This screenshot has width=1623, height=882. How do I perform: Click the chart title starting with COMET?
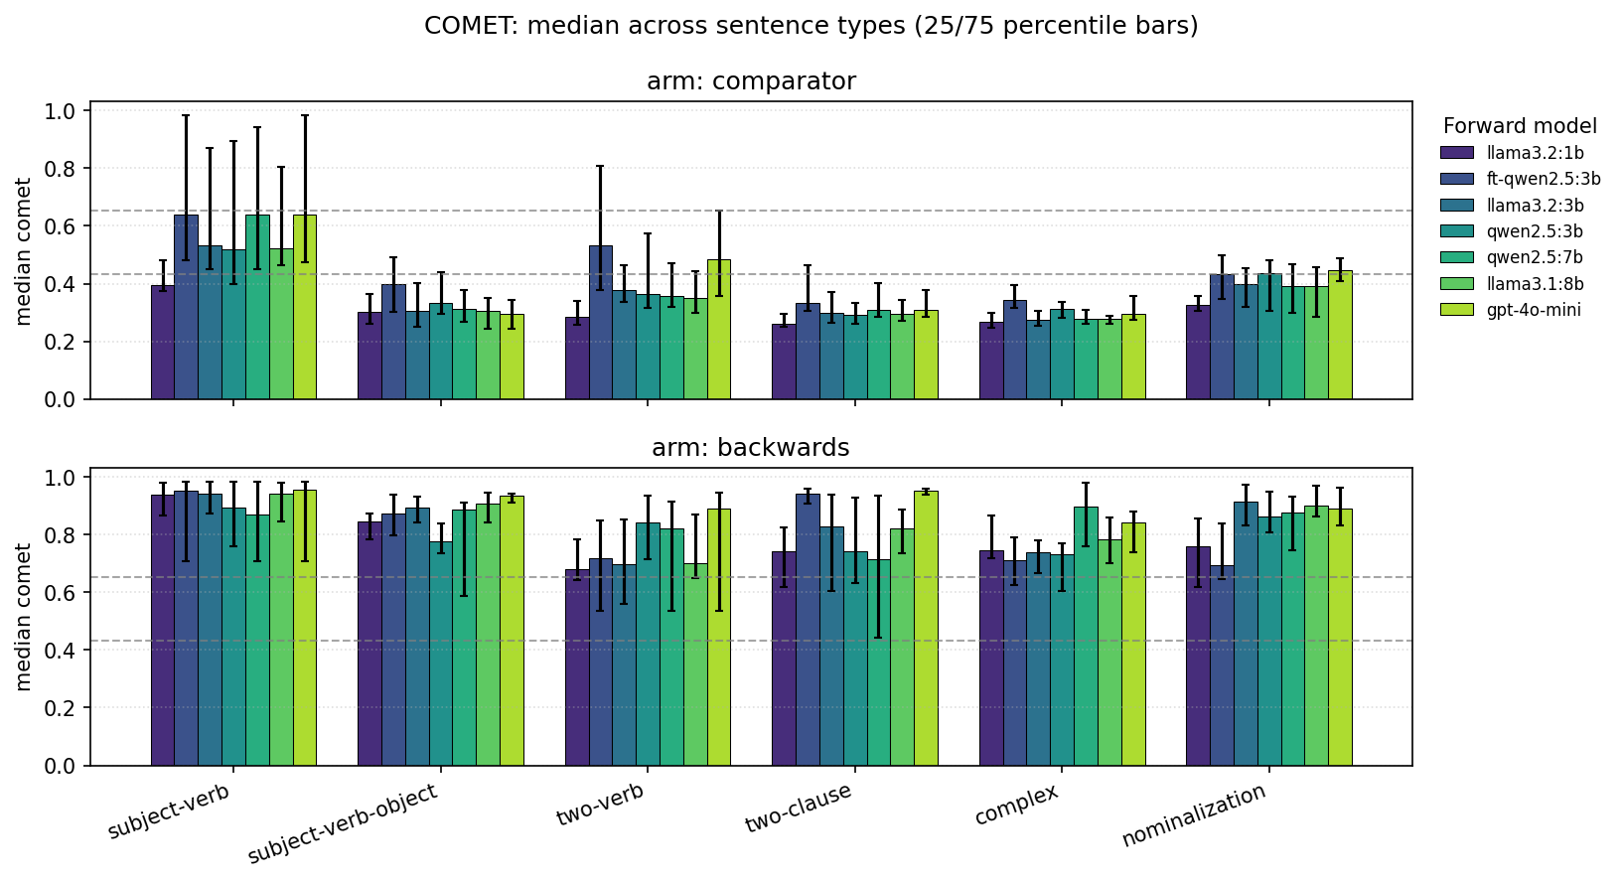click(811, 26)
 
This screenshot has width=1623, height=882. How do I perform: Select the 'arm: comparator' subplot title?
click(751, 81)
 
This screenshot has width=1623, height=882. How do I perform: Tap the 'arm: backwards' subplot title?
click(751, 448)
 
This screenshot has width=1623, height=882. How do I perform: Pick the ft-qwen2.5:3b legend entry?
click(1543, 179)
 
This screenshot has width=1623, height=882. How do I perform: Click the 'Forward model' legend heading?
click(1520, 126)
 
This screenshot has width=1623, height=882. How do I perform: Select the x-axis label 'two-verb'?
click(600, 805)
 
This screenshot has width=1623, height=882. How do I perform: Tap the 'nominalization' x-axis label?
click(1194, 815)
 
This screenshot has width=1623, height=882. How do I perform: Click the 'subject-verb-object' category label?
click(342, 823)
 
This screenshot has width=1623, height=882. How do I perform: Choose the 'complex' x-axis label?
click(1016, 805)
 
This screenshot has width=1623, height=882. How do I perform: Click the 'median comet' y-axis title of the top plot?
click(25, 251)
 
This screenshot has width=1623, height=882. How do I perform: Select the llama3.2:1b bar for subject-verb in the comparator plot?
click(163, 343)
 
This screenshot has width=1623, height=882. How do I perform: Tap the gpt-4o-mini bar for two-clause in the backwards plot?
click(926, 629)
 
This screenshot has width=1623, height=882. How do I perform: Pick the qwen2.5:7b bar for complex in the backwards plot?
click(1086, 637)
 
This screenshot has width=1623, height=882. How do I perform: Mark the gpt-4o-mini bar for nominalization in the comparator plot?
click(1340, 335)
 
